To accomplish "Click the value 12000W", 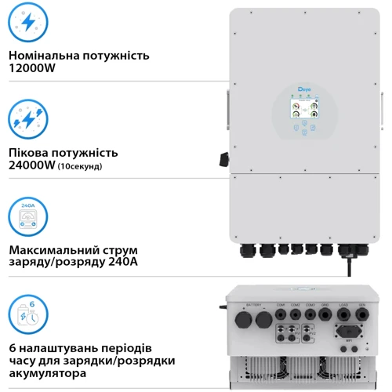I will pos(31,69).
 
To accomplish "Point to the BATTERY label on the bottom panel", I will pos(254,305).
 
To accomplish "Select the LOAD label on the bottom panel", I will pos(343,305).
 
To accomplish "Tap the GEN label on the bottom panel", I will pos(362,305).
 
